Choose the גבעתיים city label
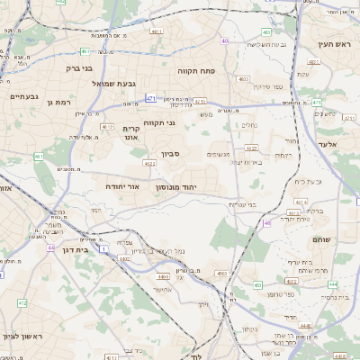tap(22, 96)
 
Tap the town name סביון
tap(172, 154)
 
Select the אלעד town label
tap(327, 144)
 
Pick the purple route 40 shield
tap(224, 41)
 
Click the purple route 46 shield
tap(267, 222)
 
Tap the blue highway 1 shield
tap(103, 247)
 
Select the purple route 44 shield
tap(51, 247)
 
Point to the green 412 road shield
tap(21, 303)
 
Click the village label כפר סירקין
tap(267, 86)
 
